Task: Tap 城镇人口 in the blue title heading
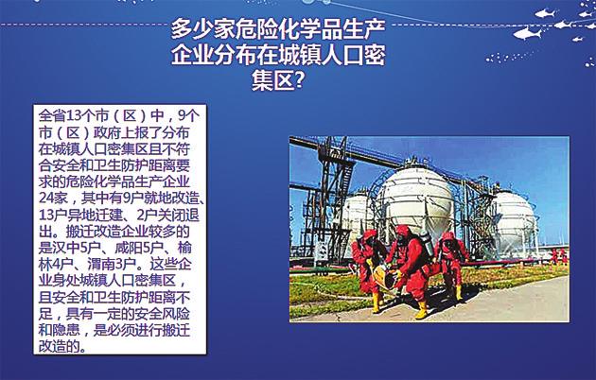[x=322, y=55]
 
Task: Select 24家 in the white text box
[x=53, y=198]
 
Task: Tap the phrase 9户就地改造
[x=164, y=198]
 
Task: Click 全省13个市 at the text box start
[x=72, y=115]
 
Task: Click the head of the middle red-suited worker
[x=403, y=233]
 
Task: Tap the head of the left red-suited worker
[x=370, y=235]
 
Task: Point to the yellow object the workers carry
[x=384, y=276]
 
